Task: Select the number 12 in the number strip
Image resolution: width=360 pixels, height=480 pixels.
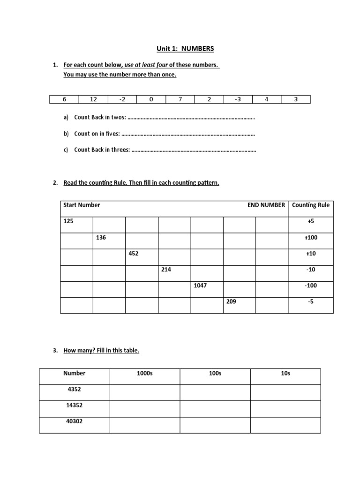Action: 93,99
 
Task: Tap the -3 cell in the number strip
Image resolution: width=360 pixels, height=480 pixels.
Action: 238,99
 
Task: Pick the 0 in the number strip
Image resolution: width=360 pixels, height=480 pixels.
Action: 151,99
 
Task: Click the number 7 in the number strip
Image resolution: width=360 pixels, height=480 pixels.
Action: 180,99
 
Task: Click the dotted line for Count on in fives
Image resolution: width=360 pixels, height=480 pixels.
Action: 188,134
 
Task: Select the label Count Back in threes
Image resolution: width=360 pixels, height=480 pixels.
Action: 102,150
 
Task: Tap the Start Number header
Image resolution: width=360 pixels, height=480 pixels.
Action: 82,205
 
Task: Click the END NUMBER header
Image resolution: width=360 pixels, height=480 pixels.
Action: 266,205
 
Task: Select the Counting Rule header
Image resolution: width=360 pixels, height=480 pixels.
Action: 310,205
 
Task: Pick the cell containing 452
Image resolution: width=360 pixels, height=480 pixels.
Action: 134,254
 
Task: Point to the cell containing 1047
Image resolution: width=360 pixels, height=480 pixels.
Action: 200,285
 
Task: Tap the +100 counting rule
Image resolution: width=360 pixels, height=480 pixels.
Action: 310,238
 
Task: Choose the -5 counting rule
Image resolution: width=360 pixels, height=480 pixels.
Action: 310,302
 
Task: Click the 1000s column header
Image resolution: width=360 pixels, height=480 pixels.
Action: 144,374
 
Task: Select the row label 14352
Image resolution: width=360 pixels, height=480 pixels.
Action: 74,406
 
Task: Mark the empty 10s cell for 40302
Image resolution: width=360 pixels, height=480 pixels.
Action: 285,425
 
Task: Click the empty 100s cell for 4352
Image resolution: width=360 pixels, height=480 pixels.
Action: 215,392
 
